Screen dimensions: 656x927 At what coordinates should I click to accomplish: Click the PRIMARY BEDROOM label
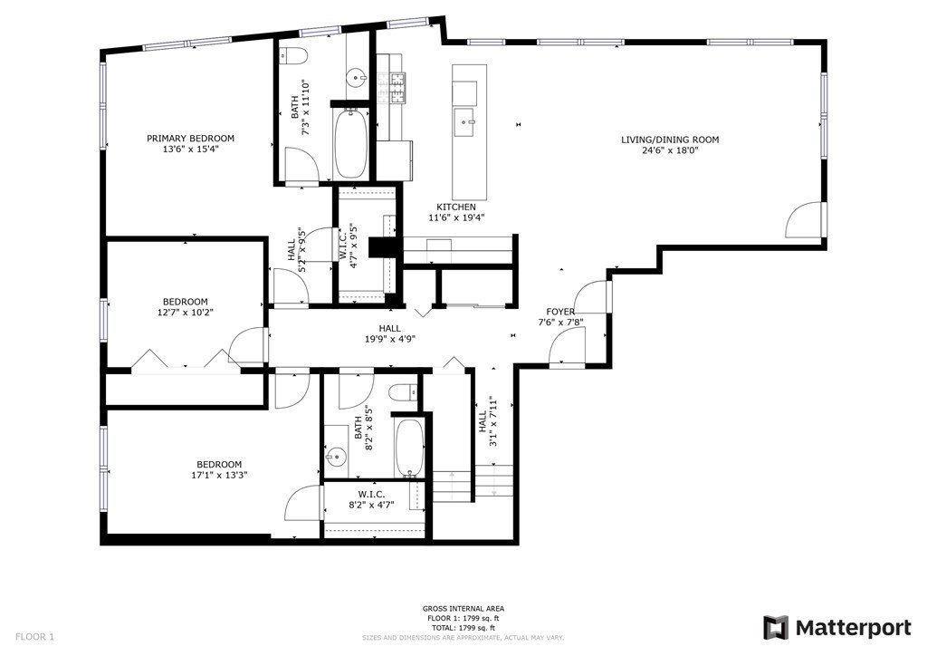[191, 139]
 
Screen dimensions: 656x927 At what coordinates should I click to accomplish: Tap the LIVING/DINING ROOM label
[670, 140]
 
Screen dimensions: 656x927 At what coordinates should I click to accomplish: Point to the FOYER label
[560, 312]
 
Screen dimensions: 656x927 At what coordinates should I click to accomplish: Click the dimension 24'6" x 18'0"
[670, 150]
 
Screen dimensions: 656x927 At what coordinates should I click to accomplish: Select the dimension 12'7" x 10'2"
[185, 313]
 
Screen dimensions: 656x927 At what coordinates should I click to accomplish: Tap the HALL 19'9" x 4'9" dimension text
[390, 340]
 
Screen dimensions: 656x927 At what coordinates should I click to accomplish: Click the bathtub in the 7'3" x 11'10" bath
[351, 144]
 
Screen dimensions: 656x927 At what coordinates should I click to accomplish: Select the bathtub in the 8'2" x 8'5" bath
[409, 447]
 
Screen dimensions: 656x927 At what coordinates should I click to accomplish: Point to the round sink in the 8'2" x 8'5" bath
[337, 456]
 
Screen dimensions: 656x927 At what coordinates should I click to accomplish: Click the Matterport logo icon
[776, 627]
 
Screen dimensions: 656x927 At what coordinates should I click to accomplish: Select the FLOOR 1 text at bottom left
[34, 637]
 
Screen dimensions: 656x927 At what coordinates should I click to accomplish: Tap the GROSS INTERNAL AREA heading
[463, 609]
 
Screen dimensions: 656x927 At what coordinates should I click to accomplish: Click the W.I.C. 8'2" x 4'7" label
[376, 499]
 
